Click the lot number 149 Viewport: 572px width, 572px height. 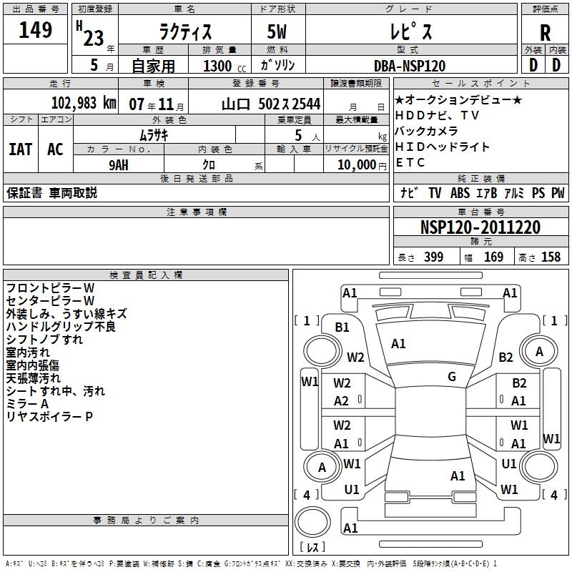click(36, 30)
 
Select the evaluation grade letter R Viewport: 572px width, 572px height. click(545, 33)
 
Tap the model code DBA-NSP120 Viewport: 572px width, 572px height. click(410, 66)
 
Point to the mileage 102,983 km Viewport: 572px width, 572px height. click(84, 103)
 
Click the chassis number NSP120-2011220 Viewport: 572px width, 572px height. click(480, 228)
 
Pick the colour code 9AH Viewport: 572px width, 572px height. click(119, 164)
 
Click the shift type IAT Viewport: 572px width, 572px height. click(20, 149)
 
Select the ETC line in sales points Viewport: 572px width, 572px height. click(410, 162)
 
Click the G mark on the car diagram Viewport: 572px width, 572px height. click(452, 377)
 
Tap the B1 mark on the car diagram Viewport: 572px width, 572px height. click(342, 327)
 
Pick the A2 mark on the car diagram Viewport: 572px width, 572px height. click(342, 401)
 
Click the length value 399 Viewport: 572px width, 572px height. click(431, 257)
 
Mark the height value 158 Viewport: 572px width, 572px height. click(551, 257)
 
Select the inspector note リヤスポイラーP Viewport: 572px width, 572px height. click(49, 416)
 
